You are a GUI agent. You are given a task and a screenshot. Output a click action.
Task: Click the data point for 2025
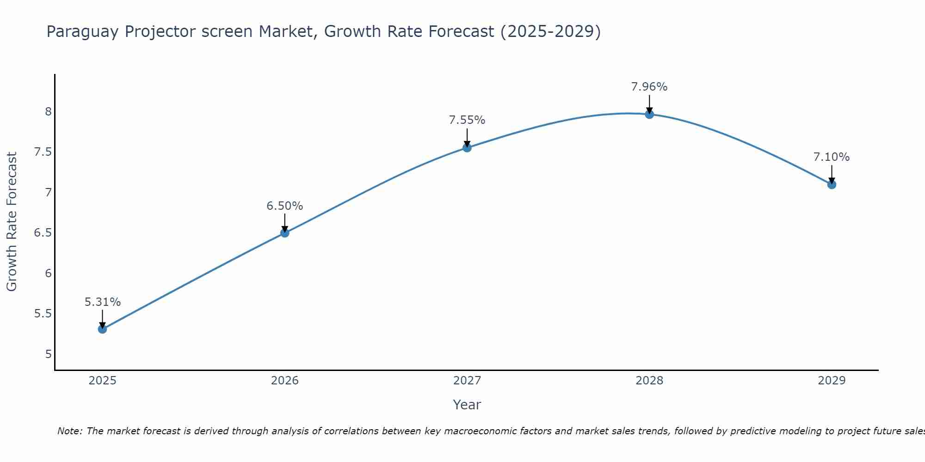coord(103,329)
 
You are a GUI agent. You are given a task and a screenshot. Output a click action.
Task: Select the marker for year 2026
coord(285,233)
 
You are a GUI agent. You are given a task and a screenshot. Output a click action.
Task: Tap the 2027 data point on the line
coord(467,148)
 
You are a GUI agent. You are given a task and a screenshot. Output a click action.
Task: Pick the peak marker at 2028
coord(649,114)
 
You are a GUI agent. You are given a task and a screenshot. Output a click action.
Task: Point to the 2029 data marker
coord(832,184)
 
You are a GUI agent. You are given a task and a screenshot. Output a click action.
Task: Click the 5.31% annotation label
coord(103,302)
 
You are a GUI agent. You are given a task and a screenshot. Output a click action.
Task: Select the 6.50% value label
coord(285,206)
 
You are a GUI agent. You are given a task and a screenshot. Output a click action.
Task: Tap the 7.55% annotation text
coord(467,120)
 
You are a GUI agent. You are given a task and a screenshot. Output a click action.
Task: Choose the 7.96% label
coord(649,87)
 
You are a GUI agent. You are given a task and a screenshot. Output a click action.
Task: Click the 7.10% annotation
coord(832,157)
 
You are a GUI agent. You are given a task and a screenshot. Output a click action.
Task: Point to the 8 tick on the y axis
coord(48,111)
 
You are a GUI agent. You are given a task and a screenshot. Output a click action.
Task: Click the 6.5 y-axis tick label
coord(43,232)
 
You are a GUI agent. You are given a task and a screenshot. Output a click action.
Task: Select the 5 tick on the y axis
coord(48,354)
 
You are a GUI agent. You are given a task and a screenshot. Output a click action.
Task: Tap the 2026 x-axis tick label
coord(285,381)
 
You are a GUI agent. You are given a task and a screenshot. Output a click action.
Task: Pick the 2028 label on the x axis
coord(649,381)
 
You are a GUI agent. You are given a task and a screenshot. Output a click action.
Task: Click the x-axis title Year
coord(467,405)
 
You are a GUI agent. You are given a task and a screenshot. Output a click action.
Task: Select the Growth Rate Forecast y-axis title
coord(12,222)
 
